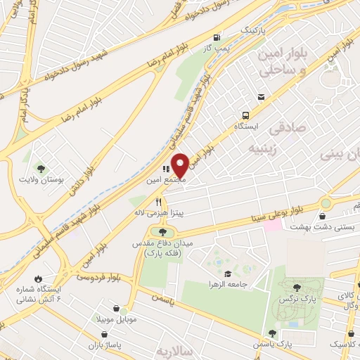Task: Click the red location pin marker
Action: (x=180, y=165)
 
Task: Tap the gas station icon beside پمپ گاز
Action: (x=217, y=38)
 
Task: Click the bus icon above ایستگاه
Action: (x=245, y=115)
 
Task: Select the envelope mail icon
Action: (x=261, y=97)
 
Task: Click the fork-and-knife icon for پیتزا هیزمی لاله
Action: (x=158, y=202)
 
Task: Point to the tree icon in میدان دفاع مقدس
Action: (x=163, y=231)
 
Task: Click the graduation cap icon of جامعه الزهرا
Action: (x=227, y=274)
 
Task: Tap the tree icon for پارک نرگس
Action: (x=297, y=287)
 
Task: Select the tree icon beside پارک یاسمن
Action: (x=271, y=333)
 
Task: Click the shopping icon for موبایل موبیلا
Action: (x=115, y=308)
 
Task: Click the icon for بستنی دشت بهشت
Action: (x=325, y=204)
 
